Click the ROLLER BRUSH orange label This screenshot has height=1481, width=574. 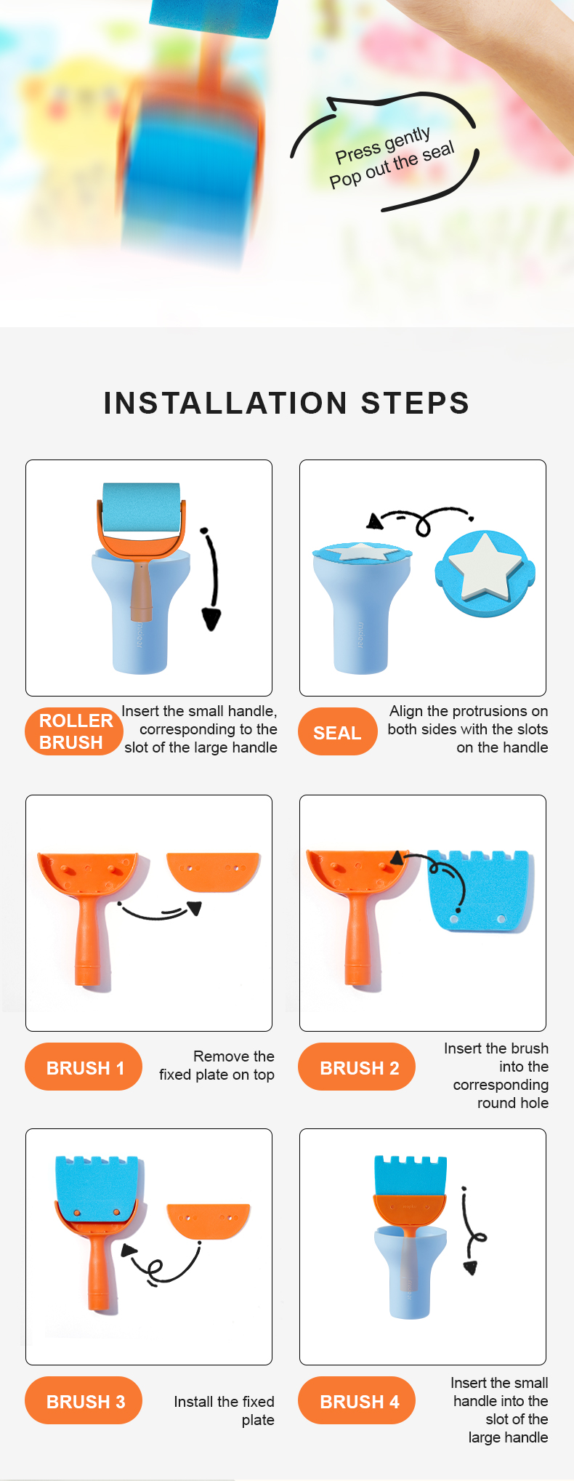(x=73, y=731)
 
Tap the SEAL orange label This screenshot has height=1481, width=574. (x=338, y=732)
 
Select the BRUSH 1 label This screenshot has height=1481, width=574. (x=84, y=1067)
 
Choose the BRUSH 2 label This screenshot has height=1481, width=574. (x=357, y=1067)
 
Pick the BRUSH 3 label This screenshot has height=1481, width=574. (x=84, y=1401)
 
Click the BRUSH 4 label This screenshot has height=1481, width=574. (x=357, y=1401)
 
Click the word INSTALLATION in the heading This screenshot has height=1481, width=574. (x=225, y=403)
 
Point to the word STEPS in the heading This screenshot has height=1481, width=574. (x=415, y=403)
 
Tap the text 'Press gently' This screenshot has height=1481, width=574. (x=383, y=145)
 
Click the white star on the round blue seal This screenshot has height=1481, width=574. (x=485, y=566)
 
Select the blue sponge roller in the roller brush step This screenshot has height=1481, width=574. (x=141, y=508)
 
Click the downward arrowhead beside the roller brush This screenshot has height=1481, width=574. (x=211, y=619)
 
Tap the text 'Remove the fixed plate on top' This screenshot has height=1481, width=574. (x=217, y=1065)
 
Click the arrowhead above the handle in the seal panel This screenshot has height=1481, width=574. (x=375, y=521)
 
